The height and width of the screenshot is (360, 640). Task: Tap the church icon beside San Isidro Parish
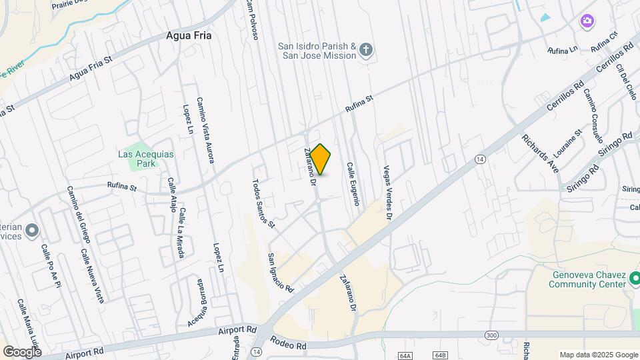pos(365,49)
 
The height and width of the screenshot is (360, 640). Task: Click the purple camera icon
pos(587,21)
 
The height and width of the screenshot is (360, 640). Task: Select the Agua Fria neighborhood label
pos(189,36)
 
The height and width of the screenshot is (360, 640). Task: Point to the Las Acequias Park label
pos(145,158)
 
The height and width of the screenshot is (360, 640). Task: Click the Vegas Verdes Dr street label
pos(387,193)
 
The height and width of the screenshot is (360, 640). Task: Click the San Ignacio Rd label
pos(280,273)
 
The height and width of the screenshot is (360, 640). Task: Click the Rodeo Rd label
pos(288,343)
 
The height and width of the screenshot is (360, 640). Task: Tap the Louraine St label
pos(567,143)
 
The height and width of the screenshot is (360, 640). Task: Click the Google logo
pos(22,351)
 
